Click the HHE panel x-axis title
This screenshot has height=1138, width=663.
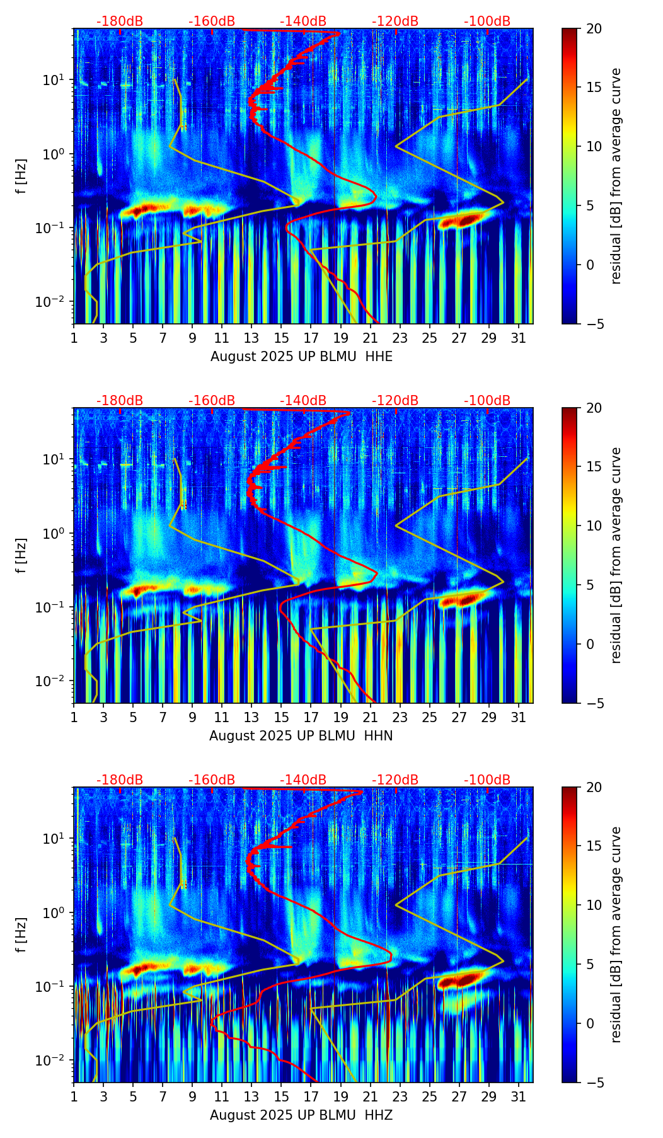[301, 357]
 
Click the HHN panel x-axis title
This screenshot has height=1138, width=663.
[301, 736]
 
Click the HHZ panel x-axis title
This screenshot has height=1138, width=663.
[301, 1115]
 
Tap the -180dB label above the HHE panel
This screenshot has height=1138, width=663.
[120, 21]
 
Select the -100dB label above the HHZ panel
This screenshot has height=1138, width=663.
[487, 780]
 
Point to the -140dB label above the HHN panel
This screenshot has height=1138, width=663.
[303, 401]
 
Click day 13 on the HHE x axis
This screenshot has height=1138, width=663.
[251, 338]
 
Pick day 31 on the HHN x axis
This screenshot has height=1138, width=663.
[518, 717]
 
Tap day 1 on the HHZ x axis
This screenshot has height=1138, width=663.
[74, 1096]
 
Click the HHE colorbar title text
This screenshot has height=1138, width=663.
[616, 176]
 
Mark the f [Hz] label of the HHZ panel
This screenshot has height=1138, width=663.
[21, 934]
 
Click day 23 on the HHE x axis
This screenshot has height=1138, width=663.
[400, 338]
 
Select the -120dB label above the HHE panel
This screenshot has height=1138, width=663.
[395, 21]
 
